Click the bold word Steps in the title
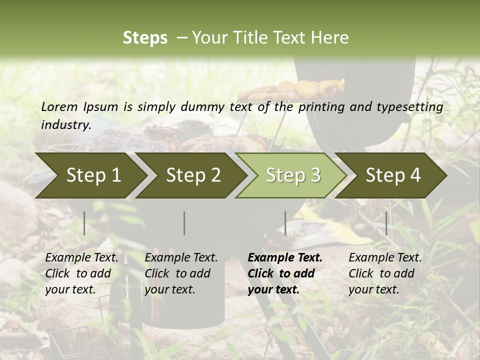[x=145, y=38]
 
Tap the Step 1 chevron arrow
[x=91, y=175]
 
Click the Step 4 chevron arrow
[x=391, y=175]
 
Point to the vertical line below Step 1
[x=84, y=223]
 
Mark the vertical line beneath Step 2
[x=184, y=223]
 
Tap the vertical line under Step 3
[x=285, y=223]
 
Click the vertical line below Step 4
[x=386, y=223]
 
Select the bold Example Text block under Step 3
[x=285, y=273]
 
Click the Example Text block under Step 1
[x=81, y=273]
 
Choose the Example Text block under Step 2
[x=181, y=273]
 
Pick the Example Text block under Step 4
[x=385, y=273]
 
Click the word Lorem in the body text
[x=59, y=107]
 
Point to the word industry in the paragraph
[x=65, y=124]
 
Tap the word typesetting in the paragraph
[x=410, y=107]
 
